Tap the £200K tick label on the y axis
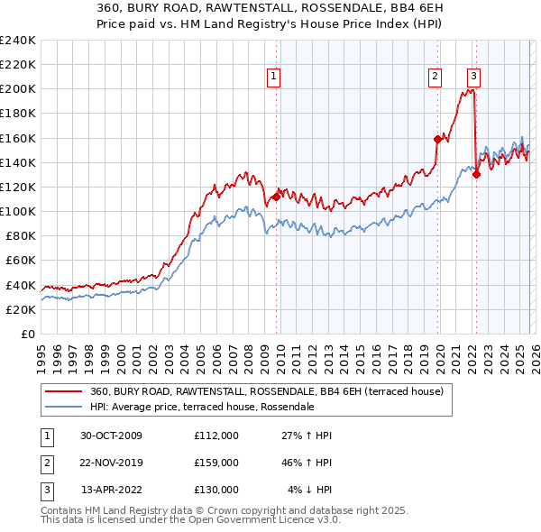tap(18, 89)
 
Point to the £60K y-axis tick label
tap(21, 261)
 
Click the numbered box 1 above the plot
tap(273, 77)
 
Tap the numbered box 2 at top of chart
tap(435, 77)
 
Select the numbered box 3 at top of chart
tap(473, 77)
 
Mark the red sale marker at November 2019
tap(436, 139)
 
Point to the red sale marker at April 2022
tap(475, 174)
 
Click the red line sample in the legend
tap(63, 392)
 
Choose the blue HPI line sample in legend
tap(63, 408)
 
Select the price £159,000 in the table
tap(216, 463)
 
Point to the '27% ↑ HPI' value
tap(307, 436)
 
